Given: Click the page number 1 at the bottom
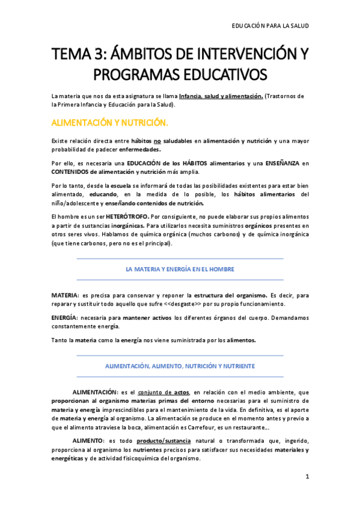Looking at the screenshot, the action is [x=307, y=477].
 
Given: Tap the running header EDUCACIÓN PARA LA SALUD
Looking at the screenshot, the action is [x=271, y=26].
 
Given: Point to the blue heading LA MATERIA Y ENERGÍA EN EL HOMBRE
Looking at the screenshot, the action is [x=180, y=269].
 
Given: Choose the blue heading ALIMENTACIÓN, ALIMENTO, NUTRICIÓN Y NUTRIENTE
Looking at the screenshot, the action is [x=180, y=365].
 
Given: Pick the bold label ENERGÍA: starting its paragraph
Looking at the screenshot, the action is [x=64, y=317].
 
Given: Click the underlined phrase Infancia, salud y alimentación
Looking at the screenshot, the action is [x=217, y=96].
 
